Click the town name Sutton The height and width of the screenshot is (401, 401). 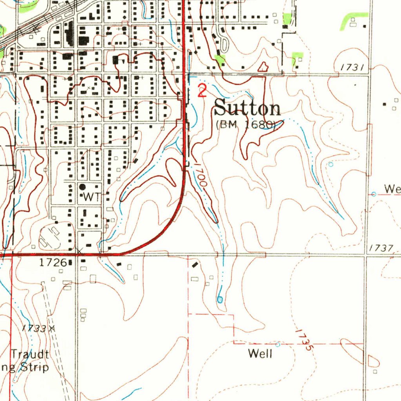coord(247,108)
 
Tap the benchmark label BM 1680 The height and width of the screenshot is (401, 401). coord(246,125)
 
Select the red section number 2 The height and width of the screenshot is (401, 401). coord(202,91)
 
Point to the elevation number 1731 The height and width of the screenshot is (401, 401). coord(352,68)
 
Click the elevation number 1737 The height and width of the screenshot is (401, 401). coord(381,248)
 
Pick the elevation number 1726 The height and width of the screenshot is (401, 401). coord(52,263)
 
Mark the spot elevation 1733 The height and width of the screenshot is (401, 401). coord(34,328)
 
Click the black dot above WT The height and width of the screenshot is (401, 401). coord(83,187)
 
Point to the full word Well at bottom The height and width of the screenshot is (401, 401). coord(260,354)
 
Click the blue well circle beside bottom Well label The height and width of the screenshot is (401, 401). coord(278,345)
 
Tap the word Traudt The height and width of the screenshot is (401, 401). coord(30,355)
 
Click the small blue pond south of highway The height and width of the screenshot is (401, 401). coord(220,300)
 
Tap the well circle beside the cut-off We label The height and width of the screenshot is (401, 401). coord(374,194)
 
